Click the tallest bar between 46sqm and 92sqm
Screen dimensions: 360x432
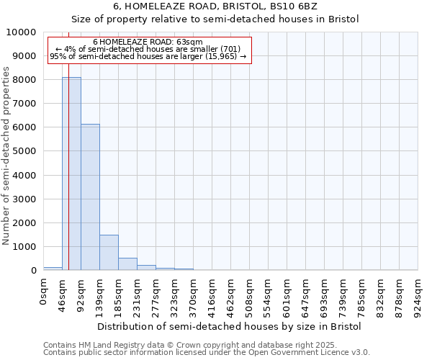(x=71, y=174)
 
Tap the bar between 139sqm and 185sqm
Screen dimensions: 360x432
(x=109, y=253)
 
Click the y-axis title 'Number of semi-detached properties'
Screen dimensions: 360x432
(x=7, y=156)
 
